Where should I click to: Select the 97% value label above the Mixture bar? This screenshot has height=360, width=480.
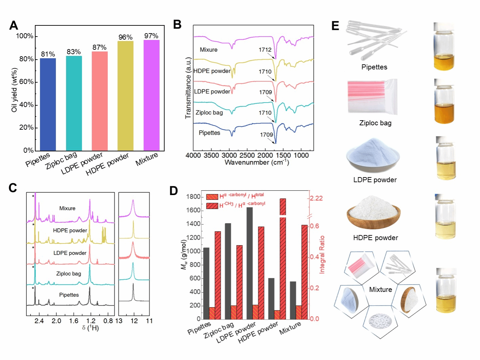coord(151,36)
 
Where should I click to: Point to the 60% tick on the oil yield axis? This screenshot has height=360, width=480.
coord(26,82)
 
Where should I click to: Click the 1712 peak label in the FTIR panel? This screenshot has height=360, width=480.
coord(265,50)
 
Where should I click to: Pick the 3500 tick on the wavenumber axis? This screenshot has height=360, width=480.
coord(211,155)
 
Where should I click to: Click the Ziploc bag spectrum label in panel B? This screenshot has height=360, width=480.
coord(209,112)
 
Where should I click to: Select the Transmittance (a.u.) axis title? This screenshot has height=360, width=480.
coord(188,88)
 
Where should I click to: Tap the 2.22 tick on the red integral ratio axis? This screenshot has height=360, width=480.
coord(316,198)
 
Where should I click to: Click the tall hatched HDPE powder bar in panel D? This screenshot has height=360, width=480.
coord(283,261)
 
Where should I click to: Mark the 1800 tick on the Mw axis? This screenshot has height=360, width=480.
coord(194,197)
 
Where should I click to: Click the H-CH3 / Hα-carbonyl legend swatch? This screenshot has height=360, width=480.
coord(212,206)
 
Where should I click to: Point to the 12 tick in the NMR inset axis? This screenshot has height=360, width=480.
coord(134,321)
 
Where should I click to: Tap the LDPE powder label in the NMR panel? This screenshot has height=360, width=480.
coord(70,253)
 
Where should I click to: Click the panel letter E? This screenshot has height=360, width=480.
coord(335,26)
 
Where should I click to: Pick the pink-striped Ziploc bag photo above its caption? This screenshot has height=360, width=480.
coord(372,97)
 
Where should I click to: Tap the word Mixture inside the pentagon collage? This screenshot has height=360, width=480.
coord(380,290)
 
